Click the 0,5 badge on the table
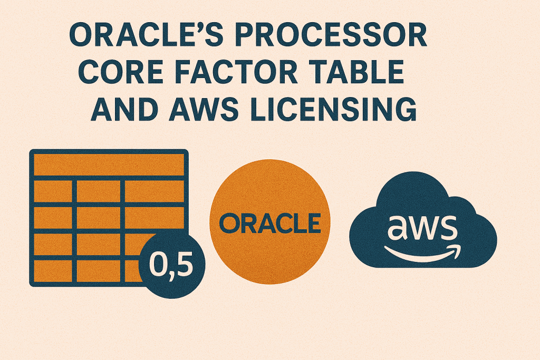(169, 262)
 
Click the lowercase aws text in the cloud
(421, 227)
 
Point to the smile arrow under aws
(422, 252)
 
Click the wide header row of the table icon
(109, 164)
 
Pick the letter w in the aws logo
(422, 227)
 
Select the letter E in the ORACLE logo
(313, 223)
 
